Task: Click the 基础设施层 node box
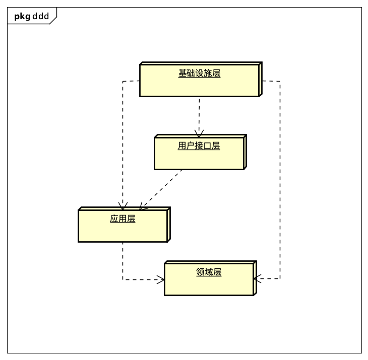tap(200, 86)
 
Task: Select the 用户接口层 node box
tap(199, 158)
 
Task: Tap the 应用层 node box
tap(122, 231)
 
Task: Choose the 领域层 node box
tap(209, 284)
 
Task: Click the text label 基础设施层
tap(199, 74)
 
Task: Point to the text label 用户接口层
tap(199, 146)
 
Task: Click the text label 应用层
tap(122, 219)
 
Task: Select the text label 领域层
tap(209, 272)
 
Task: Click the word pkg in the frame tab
tap(22, 16)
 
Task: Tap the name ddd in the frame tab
tap(41, 16)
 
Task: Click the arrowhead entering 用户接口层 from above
tap(199, 134)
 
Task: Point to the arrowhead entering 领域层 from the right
tap(257, 278)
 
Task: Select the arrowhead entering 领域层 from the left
tap(161, 279)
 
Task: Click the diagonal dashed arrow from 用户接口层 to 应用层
tap(161, 188)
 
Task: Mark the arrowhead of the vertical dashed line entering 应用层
tap(122, 207)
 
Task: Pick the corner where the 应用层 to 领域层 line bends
tap(122, 279)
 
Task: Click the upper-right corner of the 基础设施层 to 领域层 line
tap(280, 81)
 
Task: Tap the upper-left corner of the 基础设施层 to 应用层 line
tap(122, 81)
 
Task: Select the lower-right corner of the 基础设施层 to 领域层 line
tap(280, 278)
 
